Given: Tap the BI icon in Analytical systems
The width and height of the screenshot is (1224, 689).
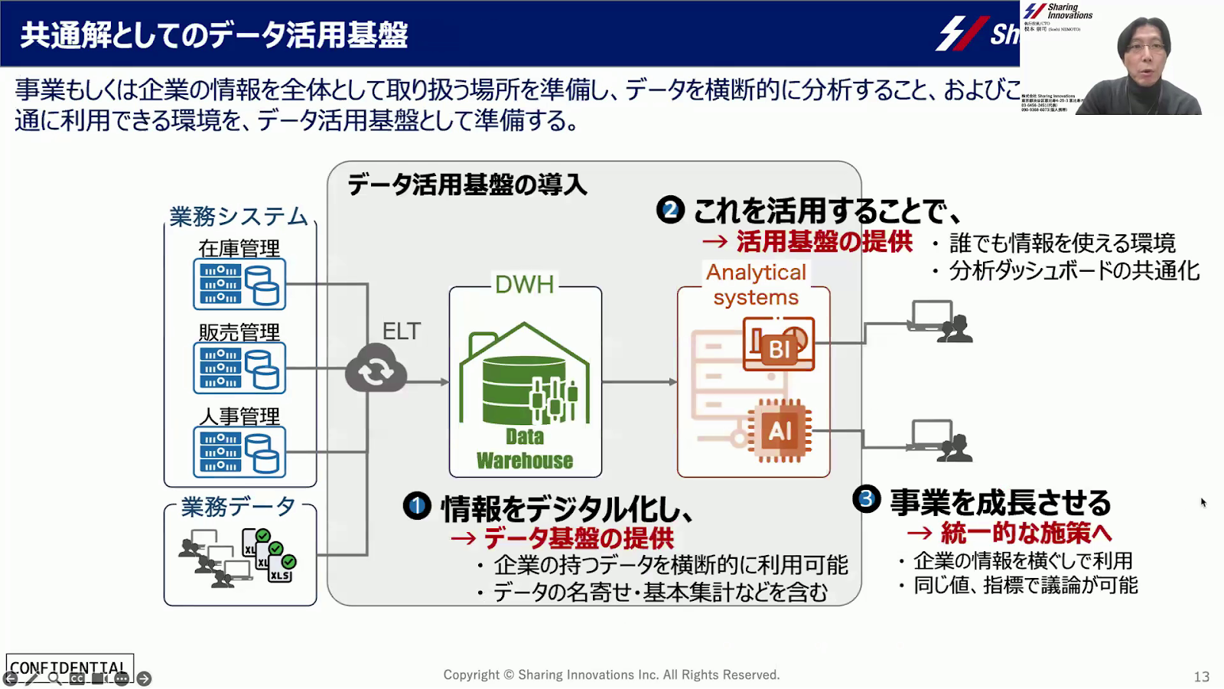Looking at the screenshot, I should (x=778, y=344).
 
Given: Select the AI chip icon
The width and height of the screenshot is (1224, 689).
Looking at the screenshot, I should (x=780, y=431).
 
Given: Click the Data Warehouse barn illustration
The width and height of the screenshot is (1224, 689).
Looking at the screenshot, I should (x=525, y=383).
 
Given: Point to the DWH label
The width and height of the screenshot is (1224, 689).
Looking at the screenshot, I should (x=525, y=285).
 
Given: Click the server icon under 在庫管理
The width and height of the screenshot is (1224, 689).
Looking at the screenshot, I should (x=239, y=284).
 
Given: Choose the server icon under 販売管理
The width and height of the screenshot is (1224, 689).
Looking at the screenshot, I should (x=239, y=368).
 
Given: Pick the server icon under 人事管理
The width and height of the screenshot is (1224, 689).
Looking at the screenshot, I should (x=239, y=452).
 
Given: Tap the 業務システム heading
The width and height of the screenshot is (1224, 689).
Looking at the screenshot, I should (x=239, y=217).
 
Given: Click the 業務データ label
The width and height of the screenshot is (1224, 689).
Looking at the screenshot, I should (x=238, y=507).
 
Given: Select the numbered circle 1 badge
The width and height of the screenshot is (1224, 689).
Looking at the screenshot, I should (x=417, y=506).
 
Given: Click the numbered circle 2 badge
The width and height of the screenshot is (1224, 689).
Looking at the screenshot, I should (x=670, y=210).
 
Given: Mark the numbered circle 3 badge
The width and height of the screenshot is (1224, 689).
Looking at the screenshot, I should (x=866, y=499).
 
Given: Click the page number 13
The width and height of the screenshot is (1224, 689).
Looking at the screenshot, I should (x=1201, y=677).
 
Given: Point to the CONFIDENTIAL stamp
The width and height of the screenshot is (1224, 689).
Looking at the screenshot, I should (x=69, y=667).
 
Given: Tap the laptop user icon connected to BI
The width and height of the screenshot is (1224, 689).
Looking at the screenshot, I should (x=941, y=322).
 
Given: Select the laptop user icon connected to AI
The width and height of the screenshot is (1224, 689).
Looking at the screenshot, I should (x=941, y=441).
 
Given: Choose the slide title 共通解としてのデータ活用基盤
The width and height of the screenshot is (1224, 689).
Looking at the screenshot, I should (x=214, y=35).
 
